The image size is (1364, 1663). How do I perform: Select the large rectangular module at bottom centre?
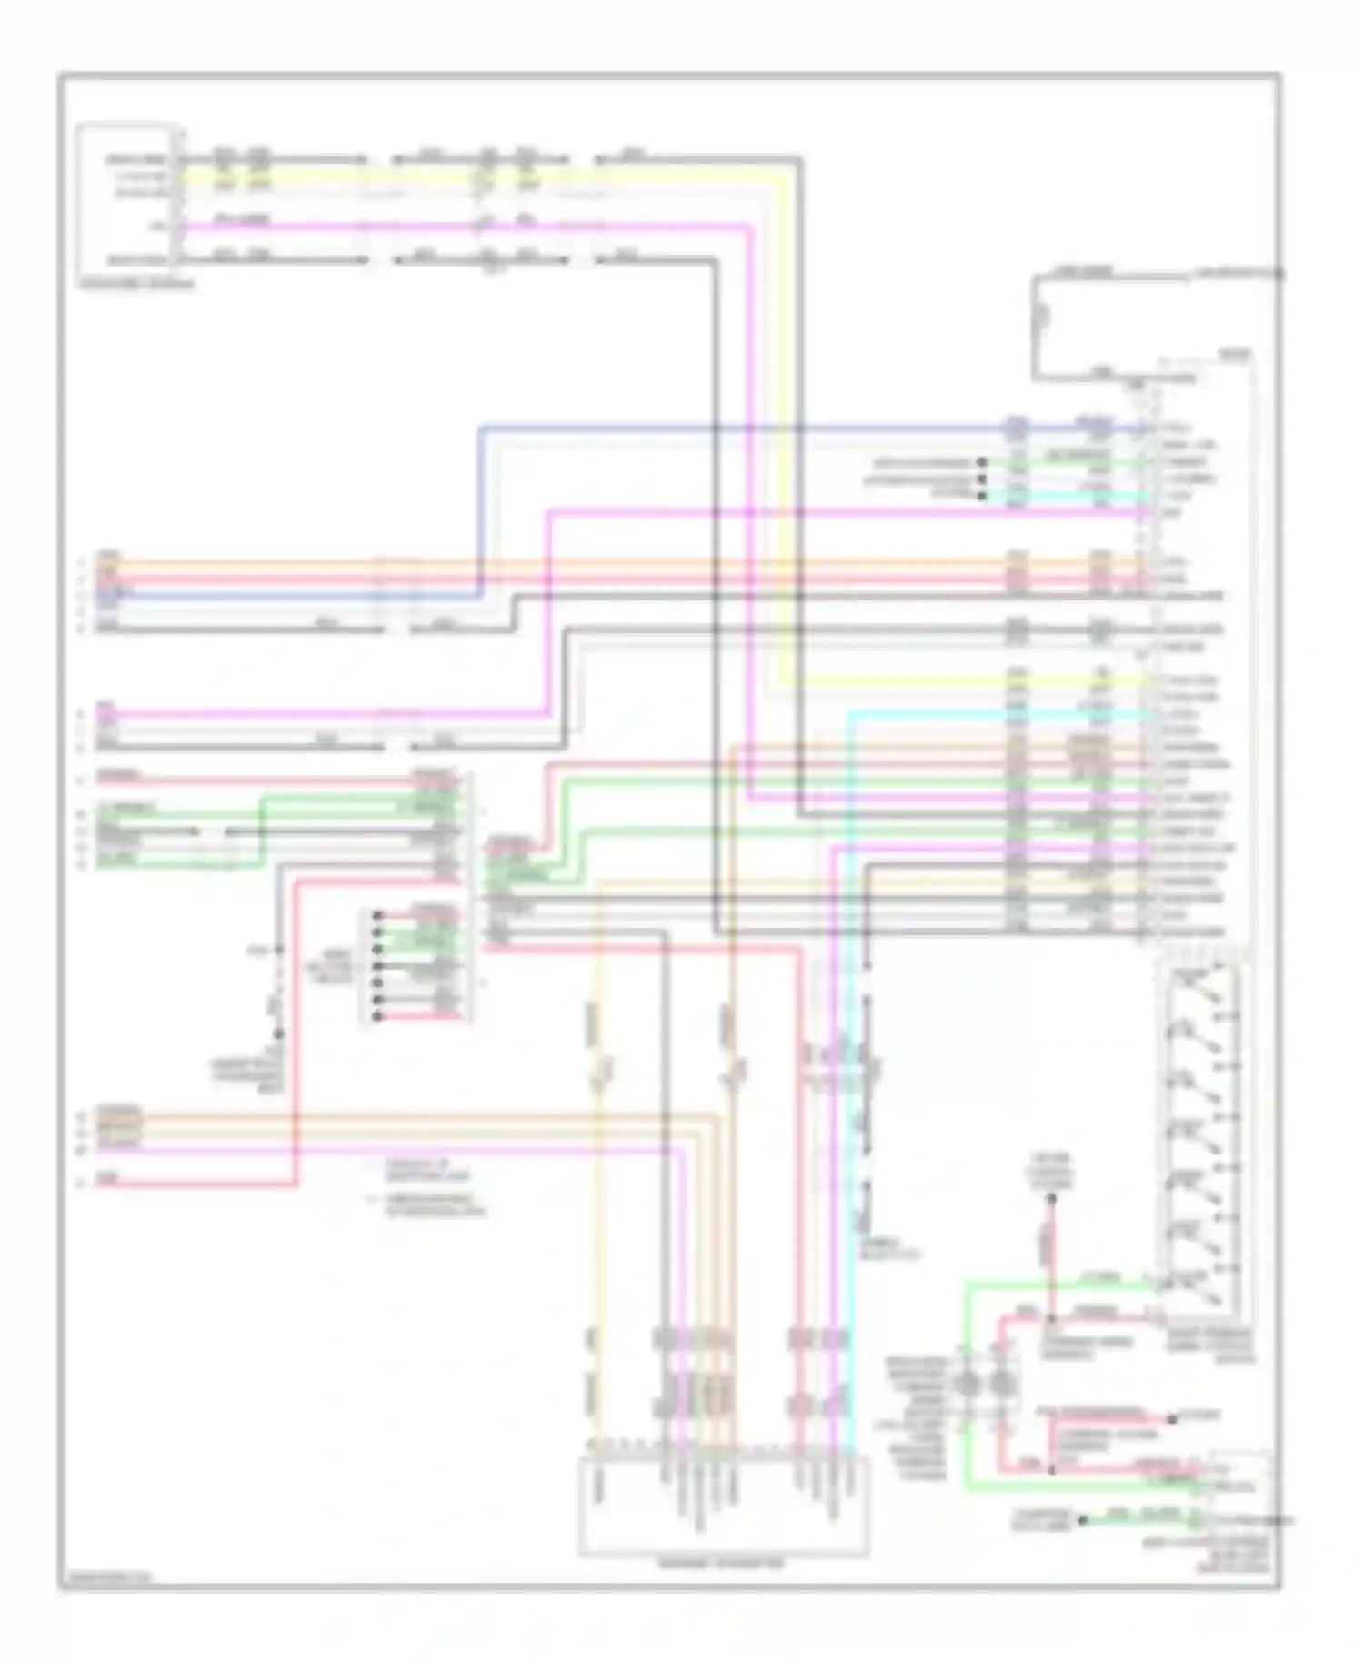coord(724,1506)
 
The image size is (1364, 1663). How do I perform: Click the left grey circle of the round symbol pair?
coord(968,1385)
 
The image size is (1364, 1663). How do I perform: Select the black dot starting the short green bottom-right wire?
coord(1082,1519)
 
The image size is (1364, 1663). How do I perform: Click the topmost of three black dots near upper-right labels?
coord(982,462)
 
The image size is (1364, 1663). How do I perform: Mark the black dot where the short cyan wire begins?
coord(982,496)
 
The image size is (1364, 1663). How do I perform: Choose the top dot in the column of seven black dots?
coord(377,914)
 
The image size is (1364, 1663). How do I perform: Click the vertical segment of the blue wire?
coord(479,509)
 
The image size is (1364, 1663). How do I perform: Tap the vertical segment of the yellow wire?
coord(781,428)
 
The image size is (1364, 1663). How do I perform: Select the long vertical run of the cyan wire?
coord(848,1092)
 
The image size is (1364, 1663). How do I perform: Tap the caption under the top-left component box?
coord(136,285)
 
